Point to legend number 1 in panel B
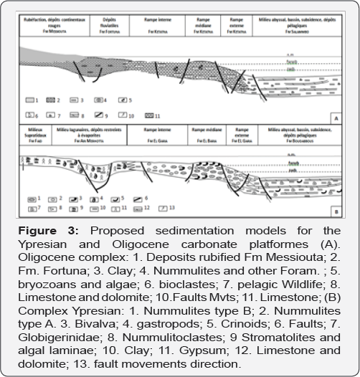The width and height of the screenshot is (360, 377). point(41,197)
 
